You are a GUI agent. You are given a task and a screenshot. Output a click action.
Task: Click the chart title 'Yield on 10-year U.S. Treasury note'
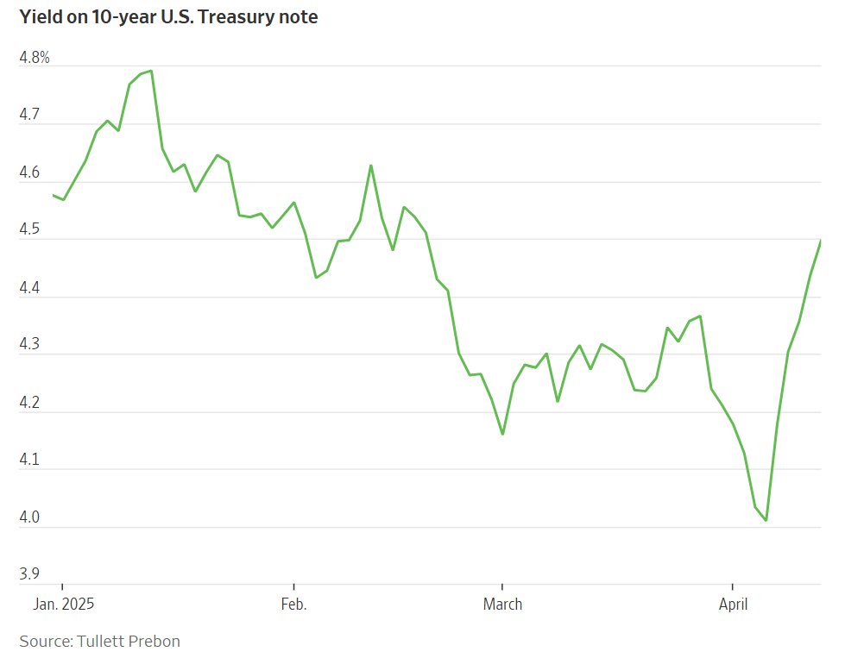[168, 17]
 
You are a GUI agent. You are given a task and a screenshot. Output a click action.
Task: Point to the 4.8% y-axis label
[34, 59]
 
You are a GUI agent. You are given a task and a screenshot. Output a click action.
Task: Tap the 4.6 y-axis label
[29, 172]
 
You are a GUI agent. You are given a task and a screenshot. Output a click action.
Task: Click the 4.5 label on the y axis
[29, 230]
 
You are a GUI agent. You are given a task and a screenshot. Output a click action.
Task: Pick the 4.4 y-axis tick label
[29, 288]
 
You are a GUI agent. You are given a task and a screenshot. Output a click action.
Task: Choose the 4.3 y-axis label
[29, 345]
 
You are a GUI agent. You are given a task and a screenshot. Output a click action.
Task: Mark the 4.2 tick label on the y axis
[29, 403]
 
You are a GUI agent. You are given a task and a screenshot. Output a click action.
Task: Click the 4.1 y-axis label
[29, 461]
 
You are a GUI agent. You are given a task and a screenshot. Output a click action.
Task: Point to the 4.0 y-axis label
[29, 517]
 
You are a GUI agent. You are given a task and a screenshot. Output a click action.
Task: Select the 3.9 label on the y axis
[29, 574]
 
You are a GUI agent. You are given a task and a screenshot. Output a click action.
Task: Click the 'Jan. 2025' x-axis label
[63, 604]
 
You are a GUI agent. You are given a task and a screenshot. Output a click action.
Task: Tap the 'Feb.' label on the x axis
[293, 604]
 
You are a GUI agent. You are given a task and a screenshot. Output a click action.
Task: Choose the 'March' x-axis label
[502, 604]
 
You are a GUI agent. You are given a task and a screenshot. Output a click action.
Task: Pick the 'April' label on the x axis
[733, 604]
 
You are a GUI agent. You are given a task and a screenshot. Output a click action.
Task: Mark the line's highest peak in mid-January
[151, 71]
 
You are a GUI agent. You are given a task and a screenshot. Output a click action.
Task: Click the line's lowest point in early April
[766, 520]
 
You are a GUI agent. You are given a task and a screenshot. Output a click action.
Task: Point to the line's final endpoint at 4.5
[820, 241]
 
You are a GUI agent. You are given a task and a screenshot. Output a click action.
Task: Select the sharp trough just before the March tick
[502, 434]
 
